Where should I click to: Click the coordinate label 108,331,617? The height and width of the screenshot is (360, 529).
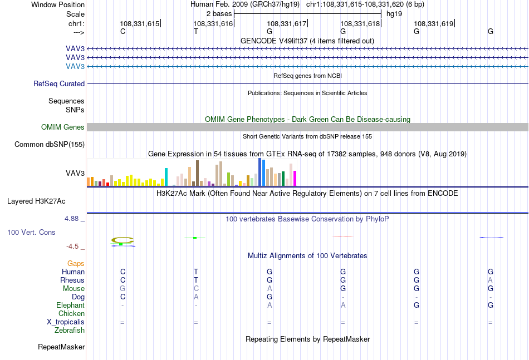click(286, 23)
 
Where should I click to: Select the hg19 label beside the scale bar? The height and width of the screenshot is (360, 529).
click(394, 14)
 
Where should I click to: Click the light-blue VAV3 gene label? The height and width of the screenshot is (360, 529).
click(75, 66)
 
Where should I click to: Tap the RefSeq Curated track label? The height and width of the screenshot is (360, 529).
click(59, 83)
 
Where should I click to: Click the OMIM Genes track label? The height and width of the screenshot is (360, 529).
click(63, 127)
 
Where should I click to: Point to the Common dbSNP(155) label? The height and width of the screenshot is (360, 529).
click(50, 144)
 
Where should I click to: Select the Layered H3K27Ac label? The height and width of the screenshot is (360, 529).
click(36, 201)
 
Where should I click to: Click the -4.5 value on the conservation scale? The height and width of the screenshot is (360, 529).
click(72, 246)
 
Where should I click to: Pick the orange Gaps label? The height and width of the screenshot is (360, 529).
click(76, 263)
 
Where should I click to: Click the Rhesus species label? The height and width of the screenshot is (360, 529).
click(72, 280)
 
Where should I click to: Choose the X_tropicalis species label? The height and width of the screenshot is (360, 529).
click(66, 322)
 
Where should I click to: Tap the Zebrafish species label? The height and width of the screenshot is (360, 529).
click(70, 331)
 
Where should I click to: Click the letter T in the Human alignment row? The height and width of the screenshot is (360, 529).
click(196, 272)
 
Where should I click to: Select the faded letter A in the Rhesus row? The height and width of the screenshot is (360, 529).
click(490, 280)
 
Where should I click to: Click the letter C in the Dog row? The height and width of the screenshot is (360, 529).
click(123, 297)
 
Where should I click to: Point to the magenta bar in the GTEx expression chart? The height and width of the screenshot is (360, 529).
click(295, 178)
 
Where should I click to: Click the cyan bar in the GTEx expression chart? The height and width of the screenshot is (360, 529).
click(166, 177)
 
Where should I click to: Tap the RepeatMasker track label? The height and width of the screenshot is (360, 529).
click(61, 347)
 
